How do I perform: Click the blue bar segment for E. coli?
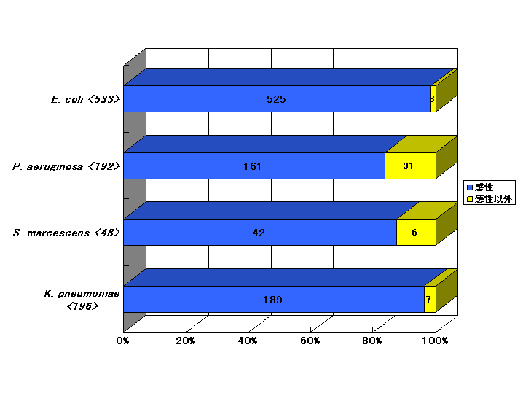[278, 99]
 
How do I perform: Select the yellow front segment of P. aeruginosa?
[410, 166]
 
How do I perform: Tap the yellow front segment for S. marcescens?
[416, 232]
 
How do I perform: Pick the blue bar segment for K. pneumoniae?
[274, 300]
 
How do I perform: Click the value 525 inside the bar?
[276, 99]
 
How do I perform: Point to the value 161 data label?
[252, 166]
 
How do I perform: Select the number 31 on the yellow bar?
[408, 166]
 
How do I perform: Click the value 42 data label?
[259, 233]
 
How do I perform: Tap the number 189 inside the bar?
[272, 300]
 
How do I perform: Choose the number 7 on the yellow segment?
[428, 300]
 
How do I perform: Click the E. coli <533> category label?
[85, 99]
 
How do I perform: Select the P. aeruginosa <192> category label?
[66, 166]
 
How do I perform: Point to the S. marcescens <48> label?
[66, 233]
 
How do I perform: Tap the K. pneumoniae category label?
[82, 300]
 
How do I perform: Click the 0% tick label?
[123, 341]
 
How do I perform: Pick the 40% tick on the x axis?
[248, 341]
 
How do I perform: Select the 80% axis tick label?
[372, 341]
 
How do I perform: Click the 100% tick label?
[435, 341]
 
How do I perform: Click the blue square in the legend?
[470, 187]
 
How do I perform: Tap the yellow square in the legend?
[470, 199]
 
